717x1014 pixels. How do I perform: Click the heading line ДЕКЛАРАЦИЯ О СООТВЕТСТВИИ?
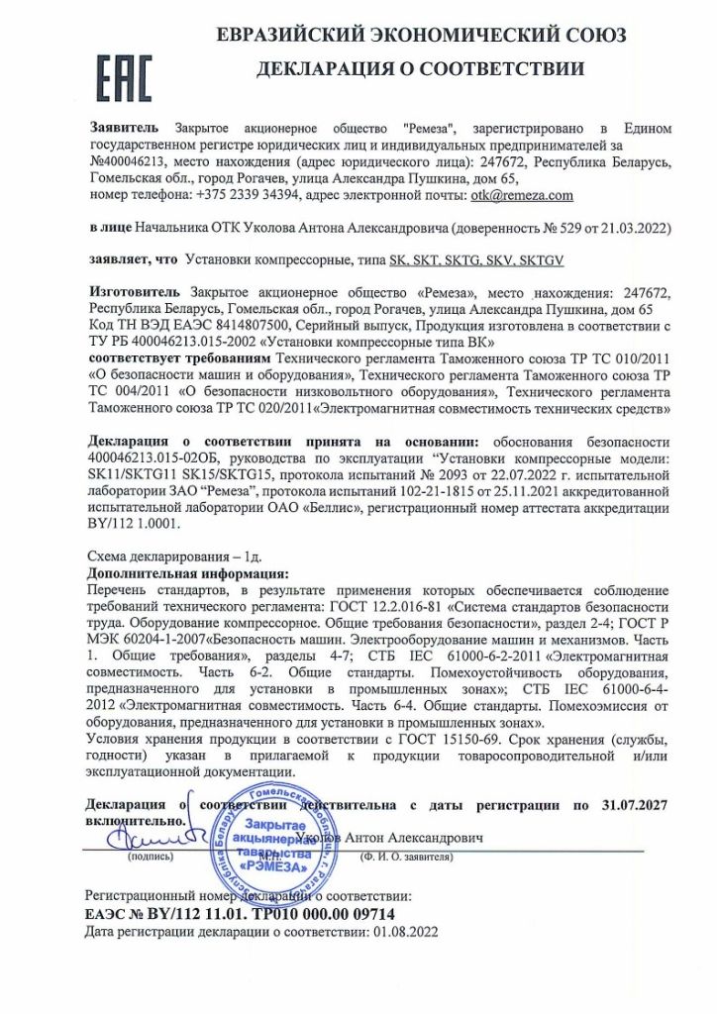coord(420,69)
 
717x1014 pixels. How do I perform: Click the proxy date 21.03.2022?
coord(639,228)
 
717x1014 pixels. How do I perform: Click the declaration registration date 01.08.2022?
coord(401,932)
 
